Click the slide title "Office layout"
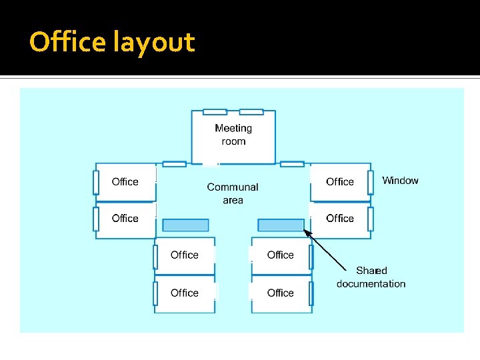click(x=112, y=43)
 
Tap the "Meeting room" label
click(x=233, y=135)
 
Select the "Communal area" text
click(x=233, y=193)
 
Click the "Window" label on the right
click(x=400, y=181)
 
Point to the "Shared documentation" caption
click(x=371, y=277)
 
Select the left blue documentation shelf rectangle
click(x=185, y=225)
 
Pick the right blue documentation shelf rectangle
click(x=281, y=225)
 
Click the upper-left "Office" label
click(x=125, y=182)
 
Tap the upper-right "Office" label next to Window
click(x=339, y=182)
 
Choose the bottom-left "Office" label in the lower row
click(x=185, y=293)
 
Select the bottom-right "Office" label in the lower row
click(x=280, y=293)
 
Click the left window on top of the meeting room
click(x=215, y=112)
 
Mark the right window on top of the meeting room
click(x=251, y=112)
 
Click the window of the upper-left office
click(x=96, y=182)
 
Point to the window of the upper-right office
click(x=370, y=182)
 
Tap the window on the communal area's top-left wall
click(x=174, y=164)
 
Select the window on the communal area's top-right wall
click(x=292, y=164)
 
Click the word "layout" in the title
click(x=154, y=43)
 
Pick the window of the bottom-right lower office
click(x=311, y=293)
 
